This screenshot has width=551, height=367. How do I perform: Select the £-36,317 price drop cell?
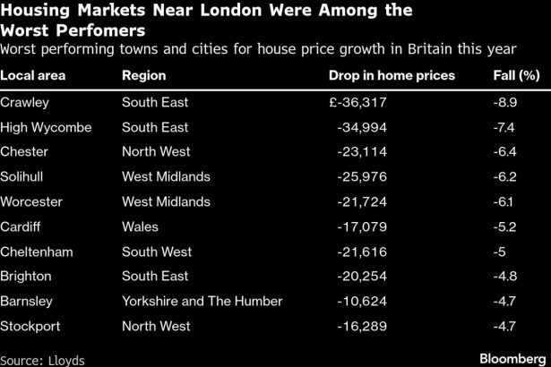pos(361,103)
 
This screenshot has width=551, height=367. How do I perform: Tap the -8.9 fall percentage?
pos(507,103)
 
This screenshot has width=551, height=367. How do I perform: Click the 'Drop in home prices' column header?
pos(392,75)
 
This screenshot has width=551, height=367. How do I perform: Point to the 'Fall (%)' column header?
pos(516,75)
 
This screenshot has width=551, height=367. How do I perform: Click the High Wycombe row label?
pos(46,127)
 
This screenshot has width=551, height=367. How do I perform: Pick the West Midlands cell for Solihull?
pos(166,176)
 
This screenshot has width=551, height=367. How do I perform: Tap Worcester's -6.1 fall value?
pos(506,201)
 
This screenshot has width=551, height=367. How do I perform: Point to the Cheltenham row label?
pos(36,251)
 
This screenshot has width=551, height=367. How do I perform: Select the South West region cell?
pos(155,251)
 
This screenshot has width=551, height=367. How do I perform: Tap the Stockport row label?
pos(30,325)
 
